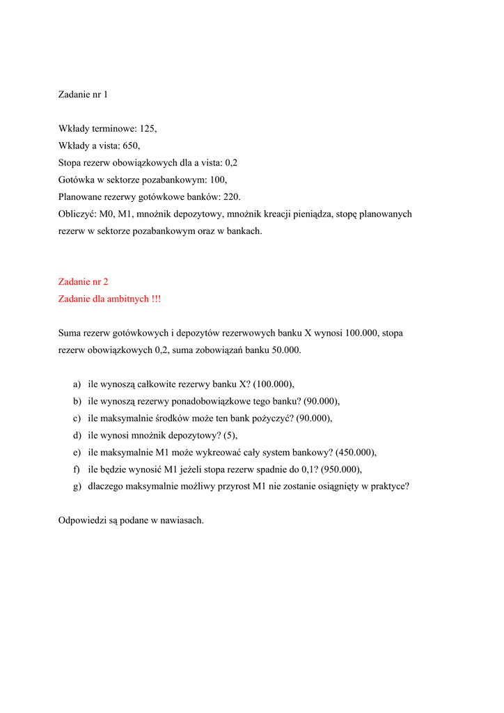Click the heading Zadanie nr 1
(83, 94)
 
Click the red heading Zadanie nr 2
(83, 282)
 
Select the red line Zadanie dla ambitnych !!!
(109, 299)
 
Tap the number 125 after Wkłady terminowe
(148, 128)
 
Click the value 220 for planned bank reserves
(232, 197)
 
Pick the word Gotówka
(75, 180)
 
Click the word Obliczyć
(77, 214)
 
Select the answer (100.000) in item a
(274, 384)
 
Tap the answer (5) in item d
(230, 435)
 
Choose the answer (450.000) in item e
(356, 452)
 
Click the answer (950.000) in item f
(341, 469)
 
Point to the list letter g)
(77, 487)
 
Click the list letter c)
(77, 418)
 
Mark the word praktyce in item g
(390, 487)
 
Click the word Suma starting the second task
(70, 333)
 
